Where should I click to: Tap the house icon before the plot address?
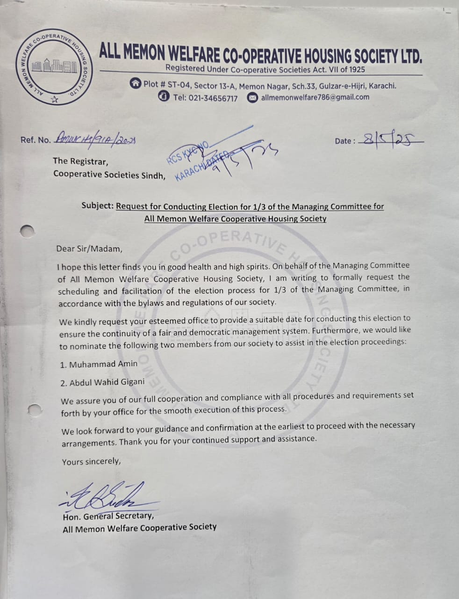136,84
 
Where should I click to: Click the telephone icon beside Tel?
164,97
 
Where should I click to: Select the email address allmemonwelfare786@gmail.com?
315,97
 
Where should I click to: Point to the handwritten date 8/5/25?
391,139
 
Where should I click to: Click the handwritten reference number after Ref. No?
96,139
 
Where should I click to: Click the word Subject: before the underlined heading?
98,206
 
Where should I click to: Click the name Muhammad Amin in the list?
103,364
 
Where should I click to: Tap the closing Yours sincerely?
91,461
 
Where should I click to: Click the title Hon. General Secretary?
108,516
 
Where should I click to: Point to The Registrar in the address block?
80,161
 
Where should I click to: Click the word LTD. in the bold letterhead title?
411,57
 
